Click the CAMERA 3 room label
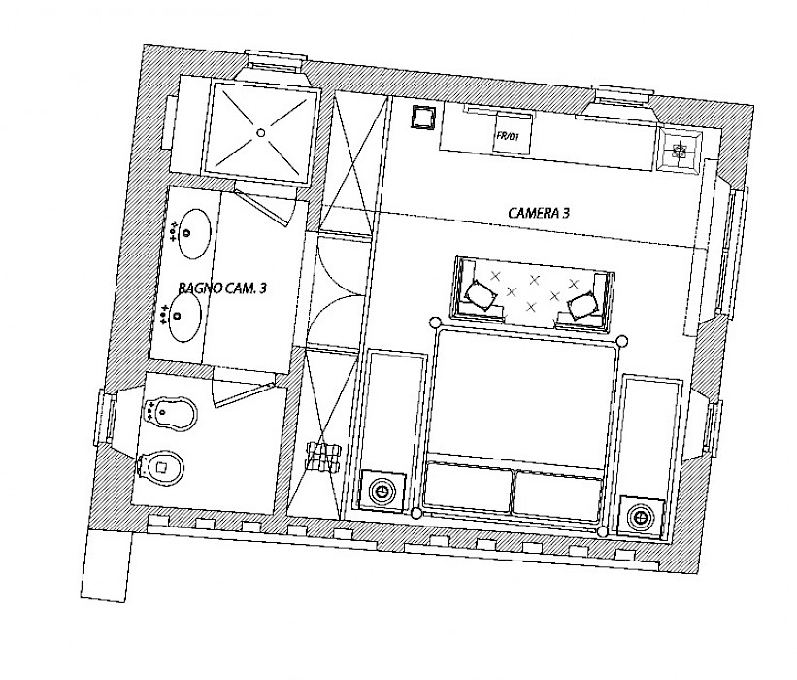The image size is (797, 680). [x=539, y=212]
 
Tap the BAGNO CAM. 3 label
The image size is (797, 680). [x=222, y=288]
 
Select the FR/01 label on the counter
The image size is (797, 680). [x=509, y=136]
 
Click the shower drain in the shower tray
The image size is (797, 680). [x=261, y=133]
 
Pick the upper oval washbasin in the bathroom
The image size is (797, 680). [x=195, y=234]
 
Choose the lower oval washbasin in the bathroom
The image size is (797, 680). [x=185, y=318]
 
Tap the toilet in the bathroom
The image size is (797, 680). [x=160, y=466]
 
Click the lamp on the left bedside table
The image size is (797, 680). [x=382, y=492]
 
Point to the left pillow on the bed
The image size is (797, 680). [x=468, y=488]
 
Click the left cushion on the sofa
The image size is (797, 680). [x=481, y=294]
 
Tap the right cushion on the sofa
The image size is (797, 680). [x=583, y=306]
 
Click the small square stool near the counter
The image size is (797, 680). [x=423, y=119]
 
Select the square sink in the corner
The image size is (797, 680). [x=680, y=150]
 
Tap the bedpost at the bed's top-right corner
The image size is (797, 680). [x=621, y=341]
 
